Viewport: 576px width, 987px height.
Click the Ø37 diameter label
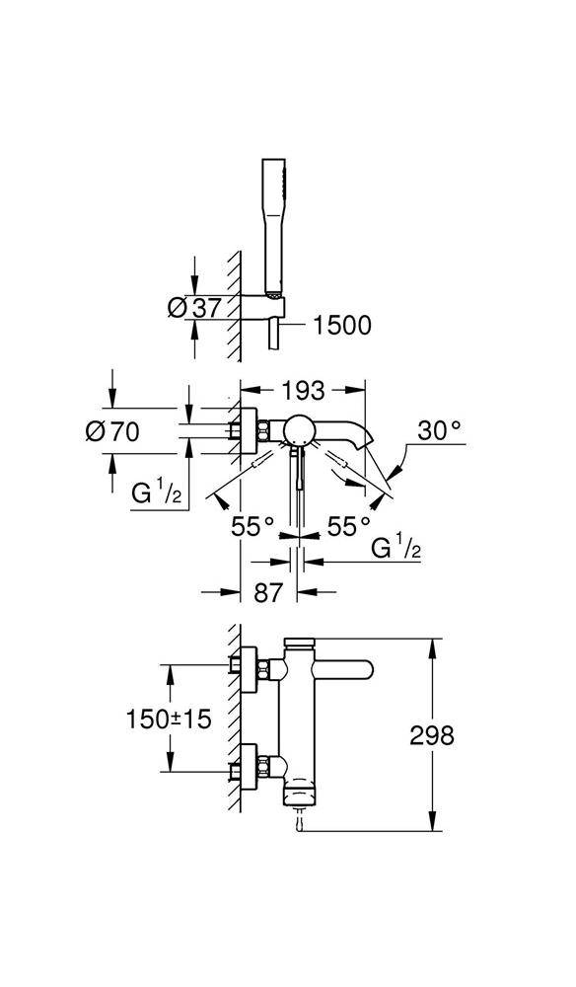193,307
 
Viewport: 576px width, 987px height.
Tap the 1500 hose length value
341,325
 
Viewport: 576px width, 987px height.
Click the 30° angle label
439,431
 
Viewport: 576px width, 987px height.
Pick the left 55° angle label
252,526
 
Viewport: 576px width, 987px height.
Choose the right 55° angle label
348,526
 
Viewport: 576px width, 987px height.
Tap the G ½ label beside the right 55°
396,547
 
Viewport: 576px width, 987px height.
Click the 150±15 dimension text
169,719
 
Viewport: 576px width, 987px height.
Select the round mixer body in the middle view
299,430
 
